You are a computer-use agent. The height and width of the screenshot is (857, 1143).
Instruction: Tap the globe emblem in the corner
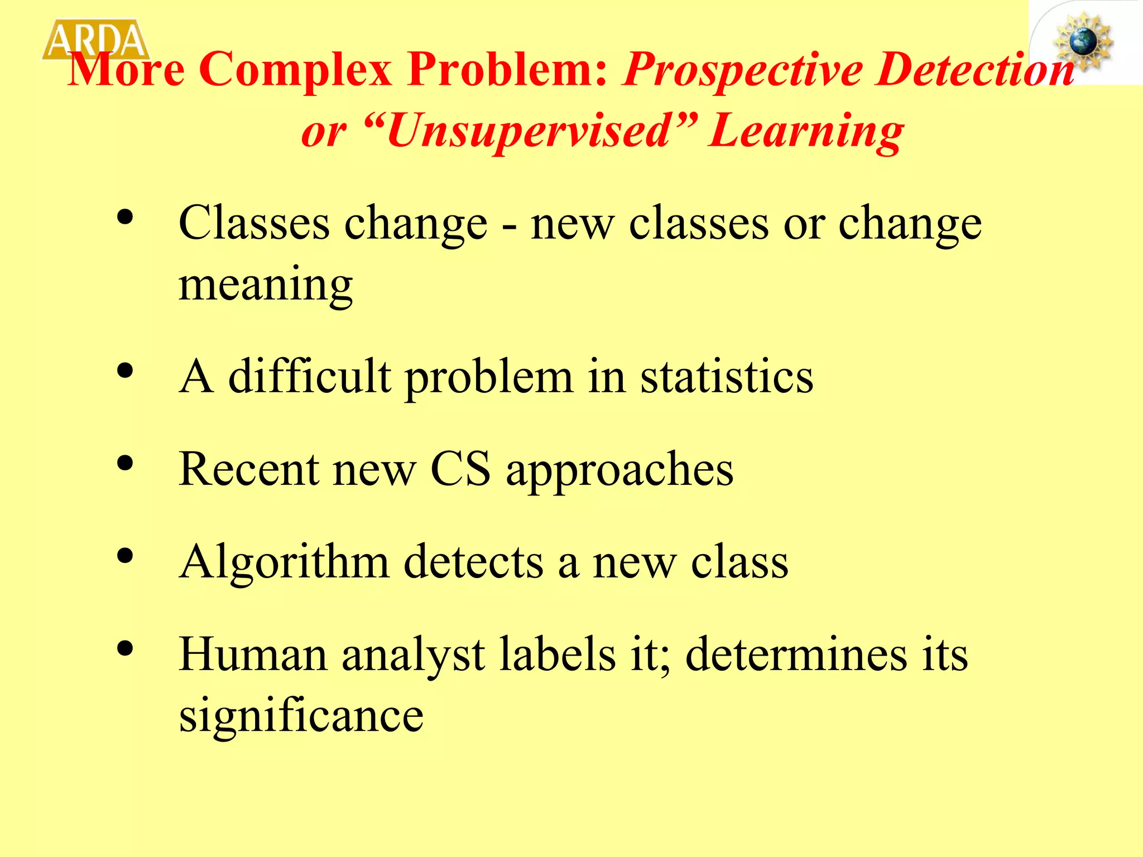tap(1083, 42)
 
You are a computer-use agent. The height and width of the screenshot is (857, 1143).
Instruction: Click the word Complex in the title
tap(295, 70)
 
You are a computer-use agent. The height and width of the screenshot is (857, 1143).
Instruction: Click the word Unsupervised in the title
tap(528, 132)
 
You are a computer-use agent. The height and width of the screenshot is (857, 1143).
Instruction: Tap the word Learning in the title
tap(806, 132)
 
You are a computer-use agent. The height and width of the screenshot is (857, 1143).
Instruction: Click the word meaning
tap(266, 284)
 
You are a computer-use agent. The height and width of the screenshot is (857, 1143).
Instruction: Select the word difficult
tap(310, 377)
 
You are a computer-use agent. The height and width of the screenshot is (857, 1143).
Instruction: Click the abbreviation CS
tap(460, 469)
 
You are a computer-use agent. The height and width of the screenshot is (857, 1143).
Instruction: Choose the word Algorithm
tap(284, 562)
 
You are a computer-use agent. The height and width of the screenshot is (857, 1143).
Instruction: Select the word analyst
tap(413, 656)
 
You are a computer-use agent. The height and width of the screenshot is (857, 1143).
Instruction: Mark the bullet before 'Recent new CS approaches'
tap(126, 464)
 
